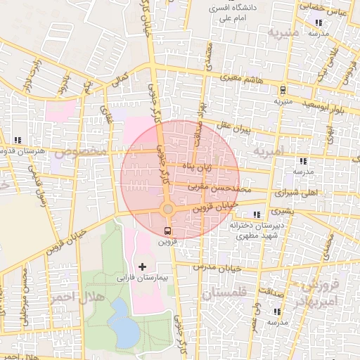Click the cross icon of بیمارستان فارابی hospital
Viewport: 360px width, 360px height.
(x=143, y=266)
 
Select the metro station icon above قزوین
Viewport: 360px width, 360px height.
(x=167, y=231)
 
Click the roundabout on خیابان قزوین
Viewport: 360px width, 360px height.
(x=167, y=210)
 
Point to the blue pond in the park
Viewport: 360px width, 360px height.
(x=124, y=322)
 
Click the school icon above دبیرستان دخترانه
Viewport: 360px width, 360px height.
(x=257, y=214)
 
